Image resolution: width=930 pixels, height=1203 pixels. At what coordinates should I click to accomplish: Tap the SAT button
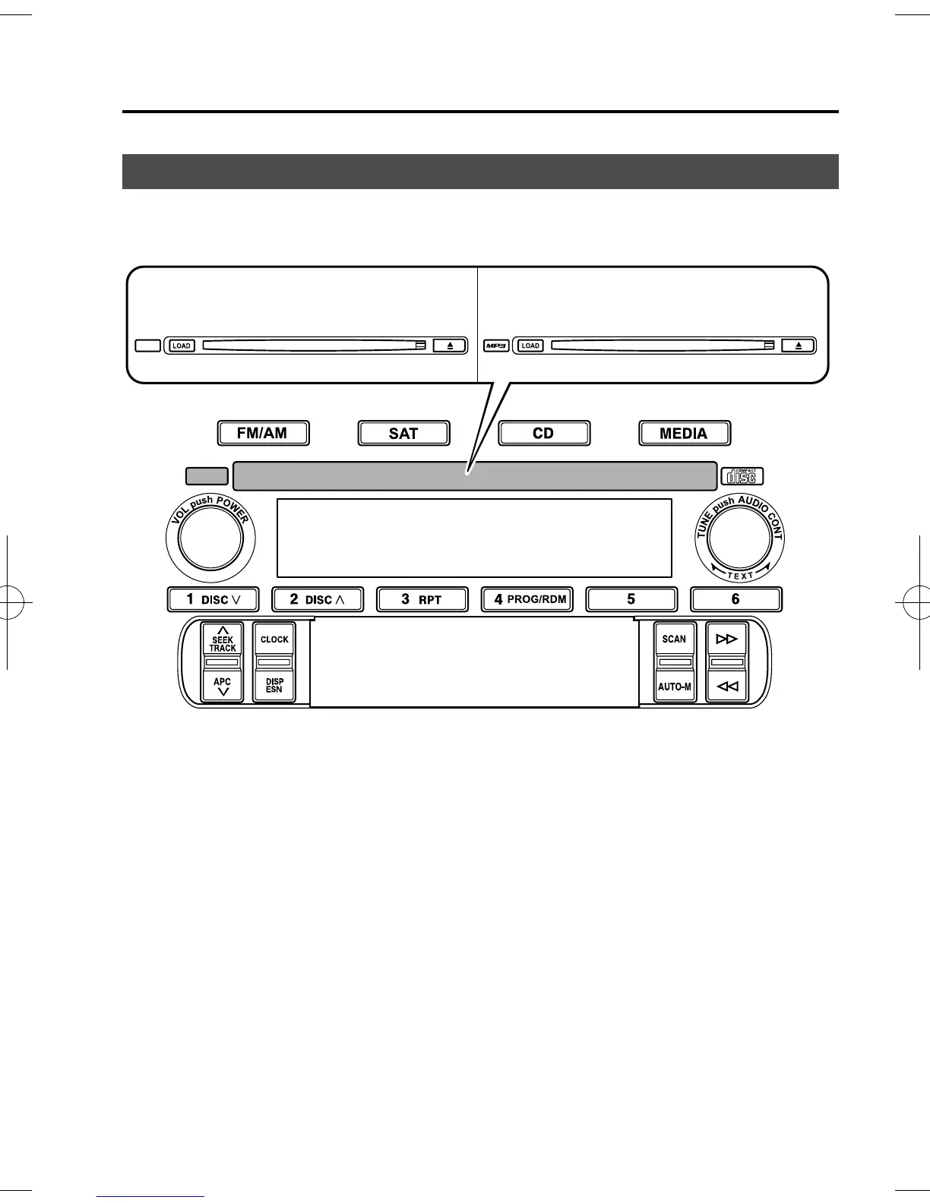[x=403, y=433]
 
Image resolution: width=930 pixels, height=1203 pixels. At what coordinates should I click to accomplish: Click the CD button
[x=544, y=433]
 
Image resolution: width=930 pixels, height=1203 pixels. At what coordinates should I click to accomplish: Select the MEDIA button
[x=684, y=433]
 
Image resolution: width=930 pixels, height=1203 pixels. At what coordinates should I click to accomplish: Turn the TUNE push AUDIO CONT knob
[x=740, y=538]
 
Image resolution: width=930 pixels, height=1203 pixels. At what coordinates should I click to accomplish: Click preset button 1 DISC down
[x=214, y=599]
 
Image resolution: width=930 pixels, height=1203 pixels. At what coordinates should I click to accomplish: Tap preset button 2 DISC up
[x=318, y=599]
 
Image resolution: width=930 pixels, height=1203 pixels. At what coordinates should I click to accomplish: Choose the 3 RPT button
[x=422, y=599]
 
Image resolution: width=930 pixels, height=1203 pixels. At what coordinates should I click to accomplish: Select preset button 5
[x=631, y=599]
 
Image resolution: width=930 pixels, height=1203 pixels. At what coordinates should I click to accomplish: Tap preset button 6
[x=735, y=599]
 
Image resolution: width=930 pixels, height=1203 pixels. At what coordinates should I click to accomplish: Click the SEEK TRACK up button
[x=223, y=639]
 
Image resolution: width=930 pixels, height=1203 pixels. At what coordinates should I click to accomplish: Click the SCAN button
[x=675, y=639]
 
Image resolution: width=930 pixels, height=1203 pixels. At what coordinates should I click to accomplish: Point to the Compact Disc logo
[x=742, y=476]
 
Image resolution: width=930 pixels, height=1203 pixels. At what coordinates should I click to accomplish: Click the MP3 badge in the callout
[x=496, y=346]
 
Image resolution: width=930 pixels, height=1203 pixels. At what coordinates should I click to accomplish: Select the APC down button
[x=223, y=686]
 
